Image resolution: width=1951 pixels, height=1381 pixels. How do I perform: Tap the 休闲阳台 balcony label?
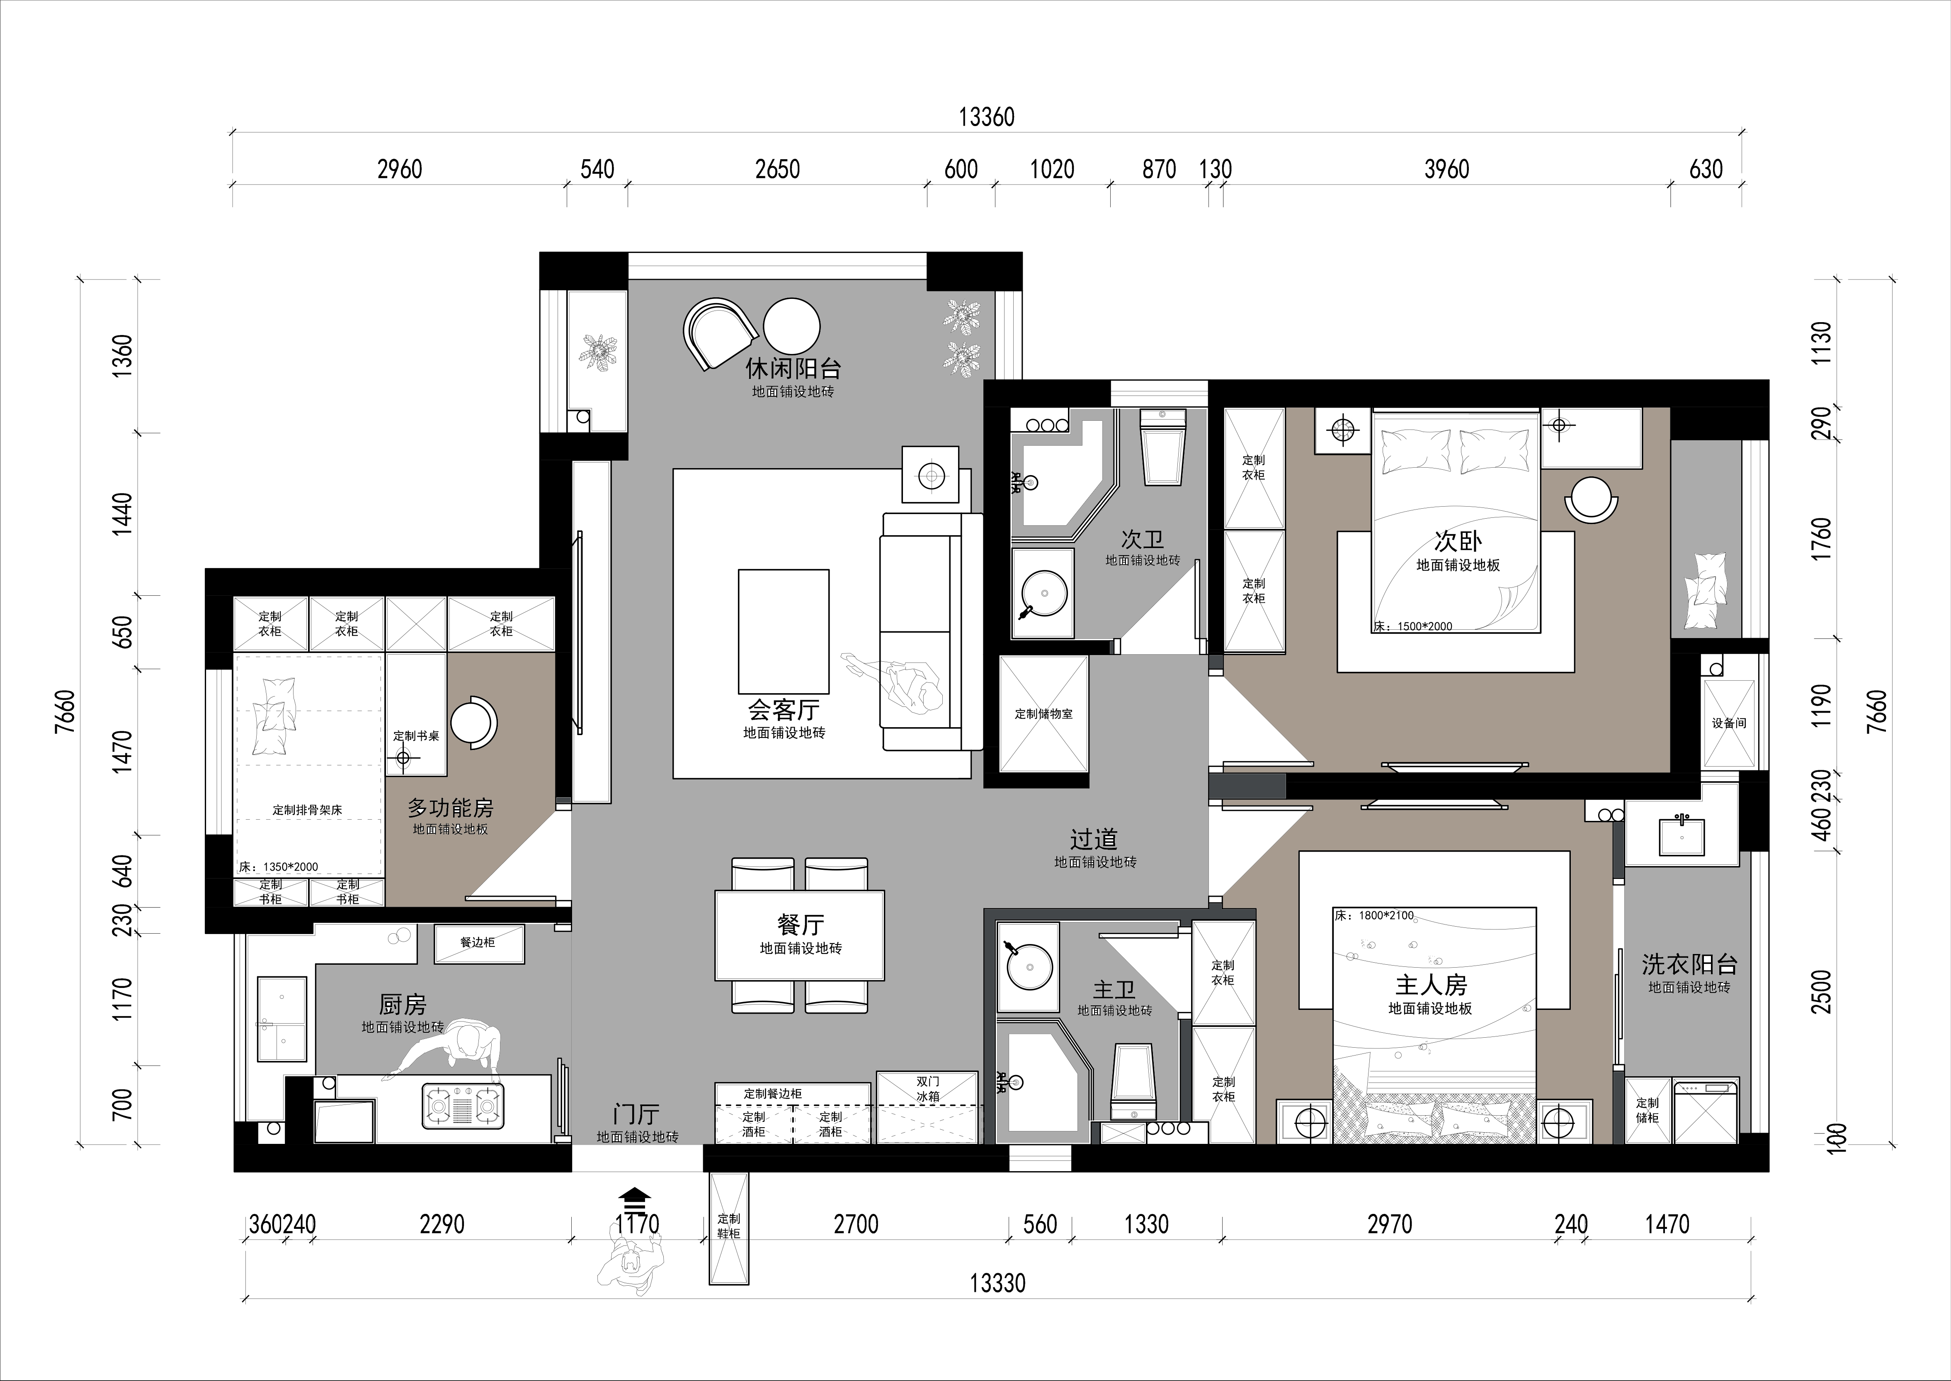(x=793, y=368)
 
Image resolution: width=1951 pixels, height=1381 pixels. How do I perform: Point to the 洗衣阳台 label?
(x=1689, y=964)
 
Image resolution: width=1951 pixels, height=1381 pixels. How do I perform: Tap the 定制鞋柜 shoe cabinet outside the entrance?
(x=728, y=1229)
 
